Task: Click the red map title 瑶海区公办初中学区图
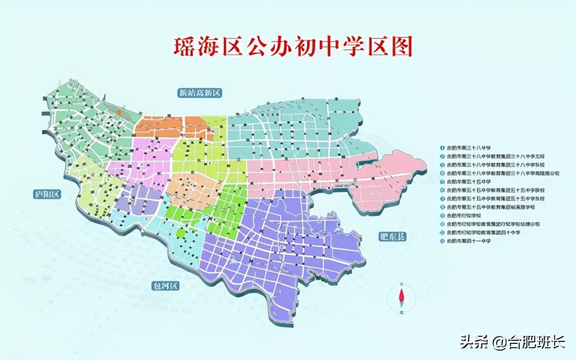[293, 47]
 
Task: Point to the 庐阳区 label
[47, 195]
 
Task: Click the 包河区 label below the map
[164, 286]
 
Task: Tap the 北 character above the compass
[401, 284]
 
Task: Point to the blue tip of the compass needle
[401, 303]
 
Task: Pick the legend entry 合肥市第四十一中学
[468, 242]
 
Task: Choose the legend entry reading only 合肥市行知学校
[464, 215]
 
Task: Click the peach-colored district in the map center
[195, 190]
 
